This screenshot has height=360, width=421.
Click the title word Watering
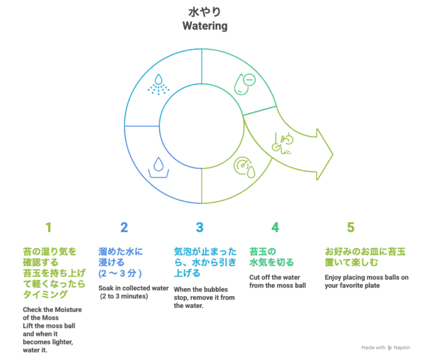click(x=205, y=26)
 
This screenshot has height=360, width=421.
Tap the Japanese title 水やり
click(x=205, y=12)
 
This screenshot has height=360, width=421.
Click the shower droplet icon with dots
click(x=158, y=84)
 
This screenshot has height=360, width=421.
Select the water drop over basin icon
click(x=158, y=167)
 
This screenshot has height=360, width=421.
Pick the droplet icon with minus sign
click(x=244, y=84)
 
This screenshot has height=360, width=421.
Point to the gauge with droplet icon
click(x=244, y=167)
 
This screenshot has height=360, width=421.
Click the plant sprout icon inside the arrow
click(x=282, y=143)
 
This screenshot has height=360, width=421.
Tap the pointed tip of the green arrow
click(x=333, y=154)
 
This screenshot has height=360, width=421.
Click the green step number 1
click(x=49, y=227)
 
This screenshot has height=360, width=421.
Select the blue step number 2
click(x=124, y=227)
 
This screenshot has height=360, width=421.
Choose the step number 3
click(x=199, y=227)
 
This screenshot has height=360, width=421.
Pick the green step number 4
click(x=275, y=227)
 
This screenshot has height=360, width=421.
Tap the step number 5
click(x=351, y=227)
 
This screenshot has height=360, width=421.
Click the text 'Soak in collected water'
click(x=133, y=288)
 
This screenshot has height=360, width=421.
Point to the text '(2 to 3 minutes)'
click(x=124, y=296)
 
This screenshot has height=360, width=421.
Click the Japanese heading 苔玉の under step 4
click(x=263, y=252)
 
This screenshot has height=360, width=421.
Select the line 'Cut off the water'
click(x=275, y=278)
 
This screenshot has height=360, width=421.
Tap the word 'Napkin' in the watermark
click(x=402, y=348)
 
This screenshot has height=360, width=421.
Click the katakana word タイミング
click(x=45, y=295)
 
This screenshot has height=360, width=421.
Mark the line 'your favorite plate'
click(x=352, y=285)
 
